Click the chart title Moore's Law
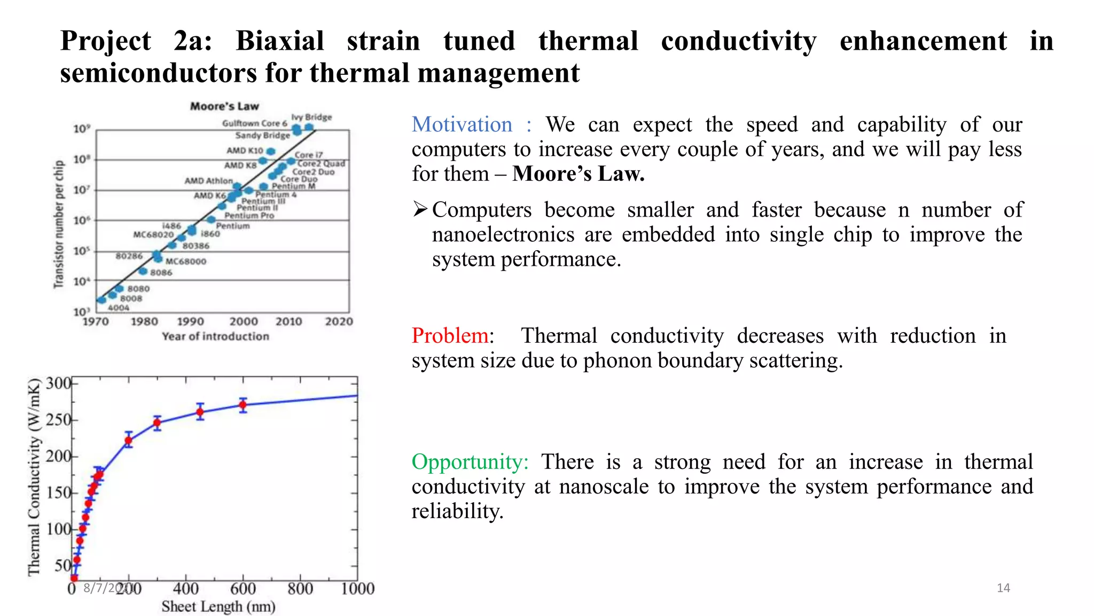click(x=224, y=106)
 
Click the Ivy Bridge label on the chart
click(x=311, y=117)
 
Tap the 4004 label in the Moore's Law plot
click(x=119, y=307)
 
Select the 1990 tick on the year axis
click(x=190, y=322)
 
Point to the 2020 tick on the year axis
click(x=339, y=322)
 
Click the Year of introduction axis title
click(x=215, y=336)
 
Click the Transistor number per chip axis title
click(x=58, y=224)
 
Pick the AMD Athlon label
click(x=208, y=181)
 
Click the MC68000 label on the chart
click(x=185, y=261)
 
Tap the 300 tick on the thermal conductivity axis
click(x=58, y=383)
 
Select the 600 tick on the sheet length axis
click(x=243, y=589)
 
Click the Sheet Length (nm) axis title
click(x=218, y=607)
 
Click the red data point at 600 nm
click(x=243, y=405)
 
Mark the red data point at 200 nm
click(x=129, y=441)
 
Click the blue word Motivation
click(x=462, y=125)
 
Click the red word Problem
click(x=449, y=336)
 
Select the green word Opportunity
click(x=469, y=462)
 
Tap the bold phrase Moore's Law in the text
click(x=578, y=174)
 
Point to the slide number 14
click(x=1003, y=588)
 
